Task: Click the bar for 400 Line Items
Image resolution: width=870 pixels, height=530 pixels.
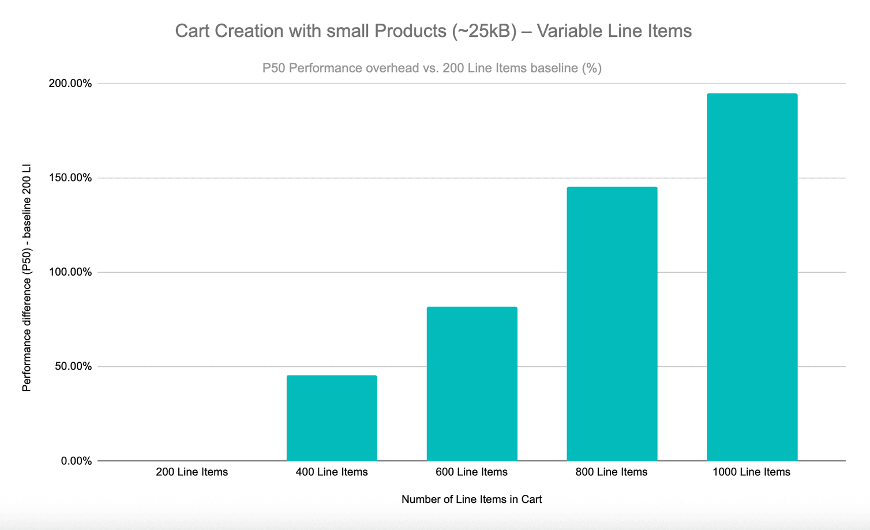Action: pyautogui.click(x=332, y=418)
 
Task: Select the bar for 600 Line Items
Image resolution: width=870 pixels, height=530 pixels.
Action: pyautogui.click(x=472, y=384)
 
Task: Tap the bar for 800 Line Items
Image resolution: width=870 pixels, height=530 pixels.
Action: pyautogui.click(x=612, y=324)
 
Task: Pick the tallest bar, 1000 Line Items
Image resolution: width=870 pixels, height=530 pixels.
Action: pyautogui.click(x=752, y=277)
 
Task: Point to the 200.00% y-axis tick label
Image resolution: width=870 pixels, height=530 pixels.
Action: pyautogui.click(x=70, y=84)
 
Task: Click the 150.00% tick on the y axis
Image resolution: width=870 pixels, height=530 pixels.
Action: pyautogui.click(x=70, y=178)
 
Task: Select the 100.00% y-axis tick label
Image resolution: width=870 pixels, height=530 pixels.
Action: pyautogui.click(x=70, y=272)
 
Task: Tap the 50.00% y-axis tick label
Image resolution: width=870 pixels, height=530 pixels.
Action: pyautogui.click(x=73, y=366)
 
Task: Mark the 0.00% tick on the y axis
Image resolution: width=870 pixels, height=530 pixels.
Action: pyautogui.click(x=76, y=461)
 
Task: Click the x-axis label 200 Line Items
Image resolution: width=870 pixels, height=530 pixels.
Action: pyautogui.click(x=192, y=472)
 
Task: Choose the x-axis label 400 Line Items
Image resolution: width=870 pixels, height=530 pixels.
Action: pyautogui.click(x=332, y=472)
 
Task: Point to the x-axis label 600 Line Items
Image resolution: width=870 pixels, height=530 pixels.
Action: pyautogui.click(x=472, y=472)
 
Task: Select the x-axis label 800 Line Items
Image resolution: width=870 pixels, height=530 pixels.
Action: pyautogui.click(x=612, y=472)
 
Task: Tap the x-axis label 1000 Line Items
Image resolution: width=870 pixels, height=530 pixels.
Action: pyautogui.click(x=751, y=472)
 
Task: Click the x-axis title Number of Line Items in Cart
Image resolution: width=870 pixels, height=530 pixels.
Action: pyautogui.click(x=471, y=499)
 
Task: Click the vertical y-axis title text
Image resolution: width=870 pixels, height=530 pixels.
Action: pyautogui.click(x=27, y=278)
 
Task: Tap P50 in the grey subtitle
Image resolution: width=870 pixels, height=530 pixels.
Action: pyautogui.click(x=274, y=68)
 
